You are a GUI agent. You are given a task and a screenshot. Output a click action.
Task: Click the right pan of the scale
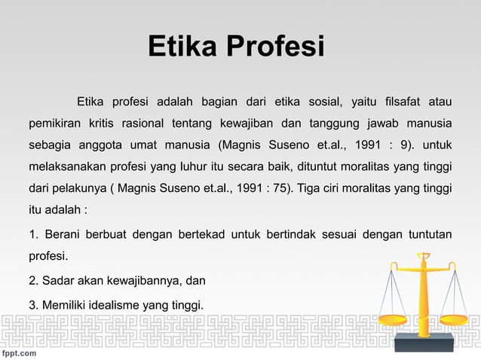[x=457, y=310]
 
